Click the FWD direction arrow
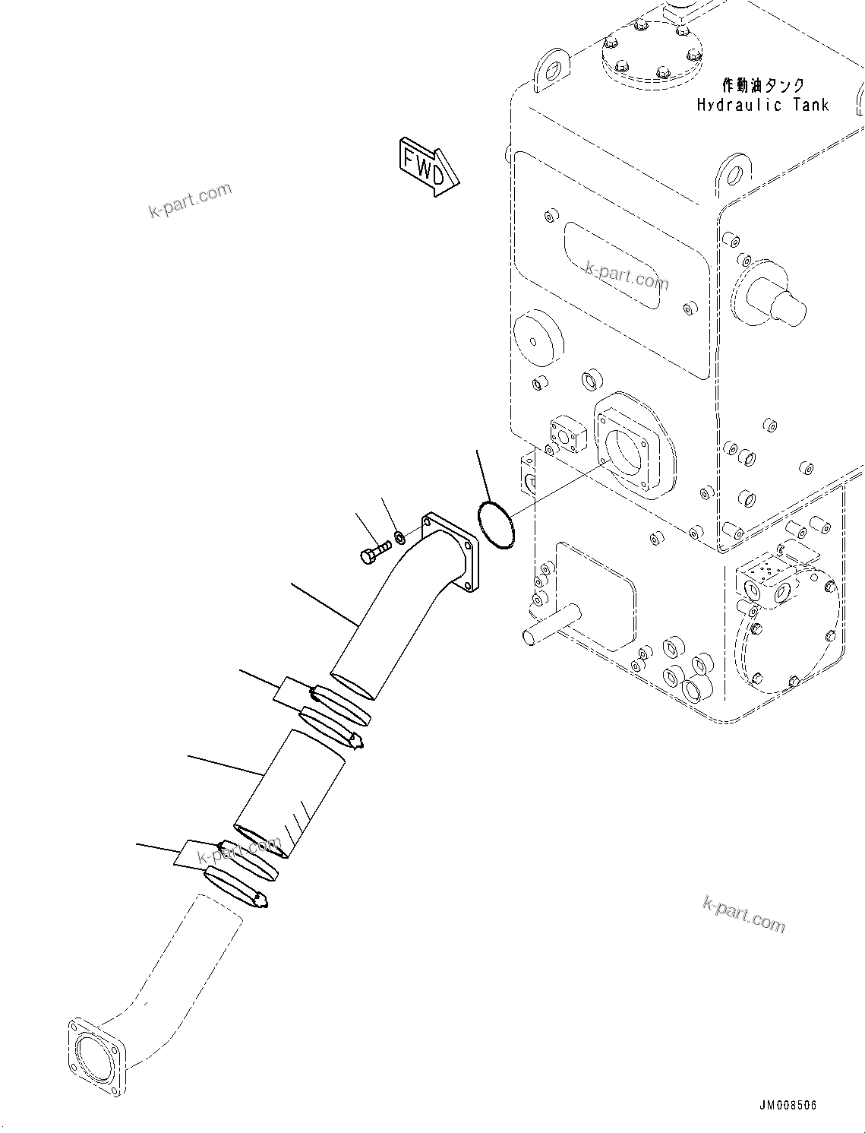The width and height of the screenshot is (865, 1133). pos(428,167)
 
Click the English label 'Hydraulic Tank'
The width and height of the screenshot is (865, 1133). pos(762,106)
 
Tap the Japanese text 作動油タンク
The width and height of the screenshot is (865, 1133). pos(762,86)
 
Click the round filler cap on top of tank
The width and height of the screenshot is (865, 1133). pos(652,53)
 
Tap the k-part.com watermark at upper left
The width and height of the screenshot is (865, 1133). pos(190,201)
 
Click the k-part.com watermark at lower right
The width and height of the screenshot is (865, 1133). pos(743,913)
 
